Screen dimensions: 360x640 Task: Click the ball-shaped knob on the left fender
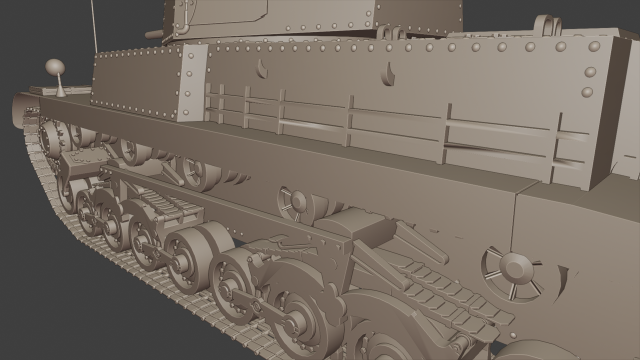tap(54, 68)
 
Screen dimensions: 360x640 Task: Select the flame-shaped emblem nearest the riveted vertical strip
tap(263, 69)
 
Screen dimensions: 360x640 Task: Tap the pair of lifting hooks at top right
tap(546, 25)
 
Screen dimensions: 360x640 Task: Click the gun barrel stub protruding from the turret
tap(154, 33)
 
